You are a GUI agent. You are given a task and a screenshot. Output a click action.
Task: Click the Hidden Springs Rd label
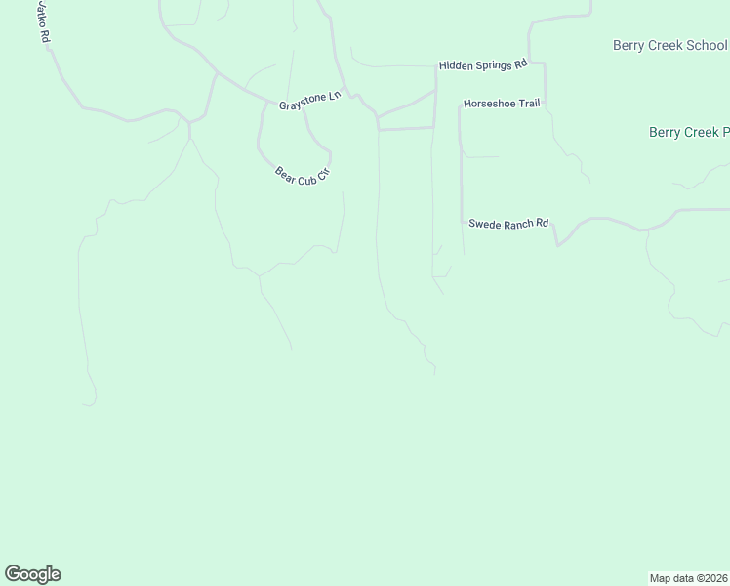(482, 64)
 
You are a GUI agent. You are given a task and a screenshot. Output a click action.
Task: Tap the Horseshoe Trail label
(501, 103)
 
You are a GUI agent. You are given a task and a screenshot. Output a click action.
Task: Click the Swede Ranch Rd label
(508, 224)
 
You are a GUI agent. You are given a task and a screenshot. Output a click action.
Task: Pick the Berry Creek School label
(669, 45)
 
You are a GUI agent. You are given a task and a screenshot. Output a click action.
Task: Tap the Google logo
(32, 574)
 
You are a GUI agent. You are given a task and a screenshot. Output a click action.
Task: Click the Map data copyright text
(689, 577)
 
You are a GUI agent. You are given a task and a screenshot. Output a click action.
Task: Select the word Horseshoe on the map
(488, 103)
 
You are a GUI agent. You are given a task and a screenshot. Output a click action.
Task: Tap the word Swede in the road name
(483, 224)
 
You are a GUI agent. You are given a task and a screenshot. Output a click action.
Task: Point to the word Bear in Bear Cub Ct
(285, 173)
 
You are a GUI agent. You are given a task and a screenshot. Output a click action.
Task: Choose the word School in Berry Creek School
(706, 45)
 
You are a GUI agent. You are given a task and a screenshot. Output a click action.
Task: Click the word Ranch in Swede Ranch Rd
(517, 224)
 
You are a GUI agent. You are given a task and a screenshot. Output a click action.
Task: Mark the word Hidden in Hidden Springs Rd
(455, 65)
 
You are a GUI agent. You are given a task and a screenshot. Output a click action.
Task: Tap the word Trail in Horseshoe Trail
(528, 103)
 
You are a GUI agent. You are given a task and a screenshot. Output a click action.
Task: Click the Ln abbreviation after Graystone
(334, 96)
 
